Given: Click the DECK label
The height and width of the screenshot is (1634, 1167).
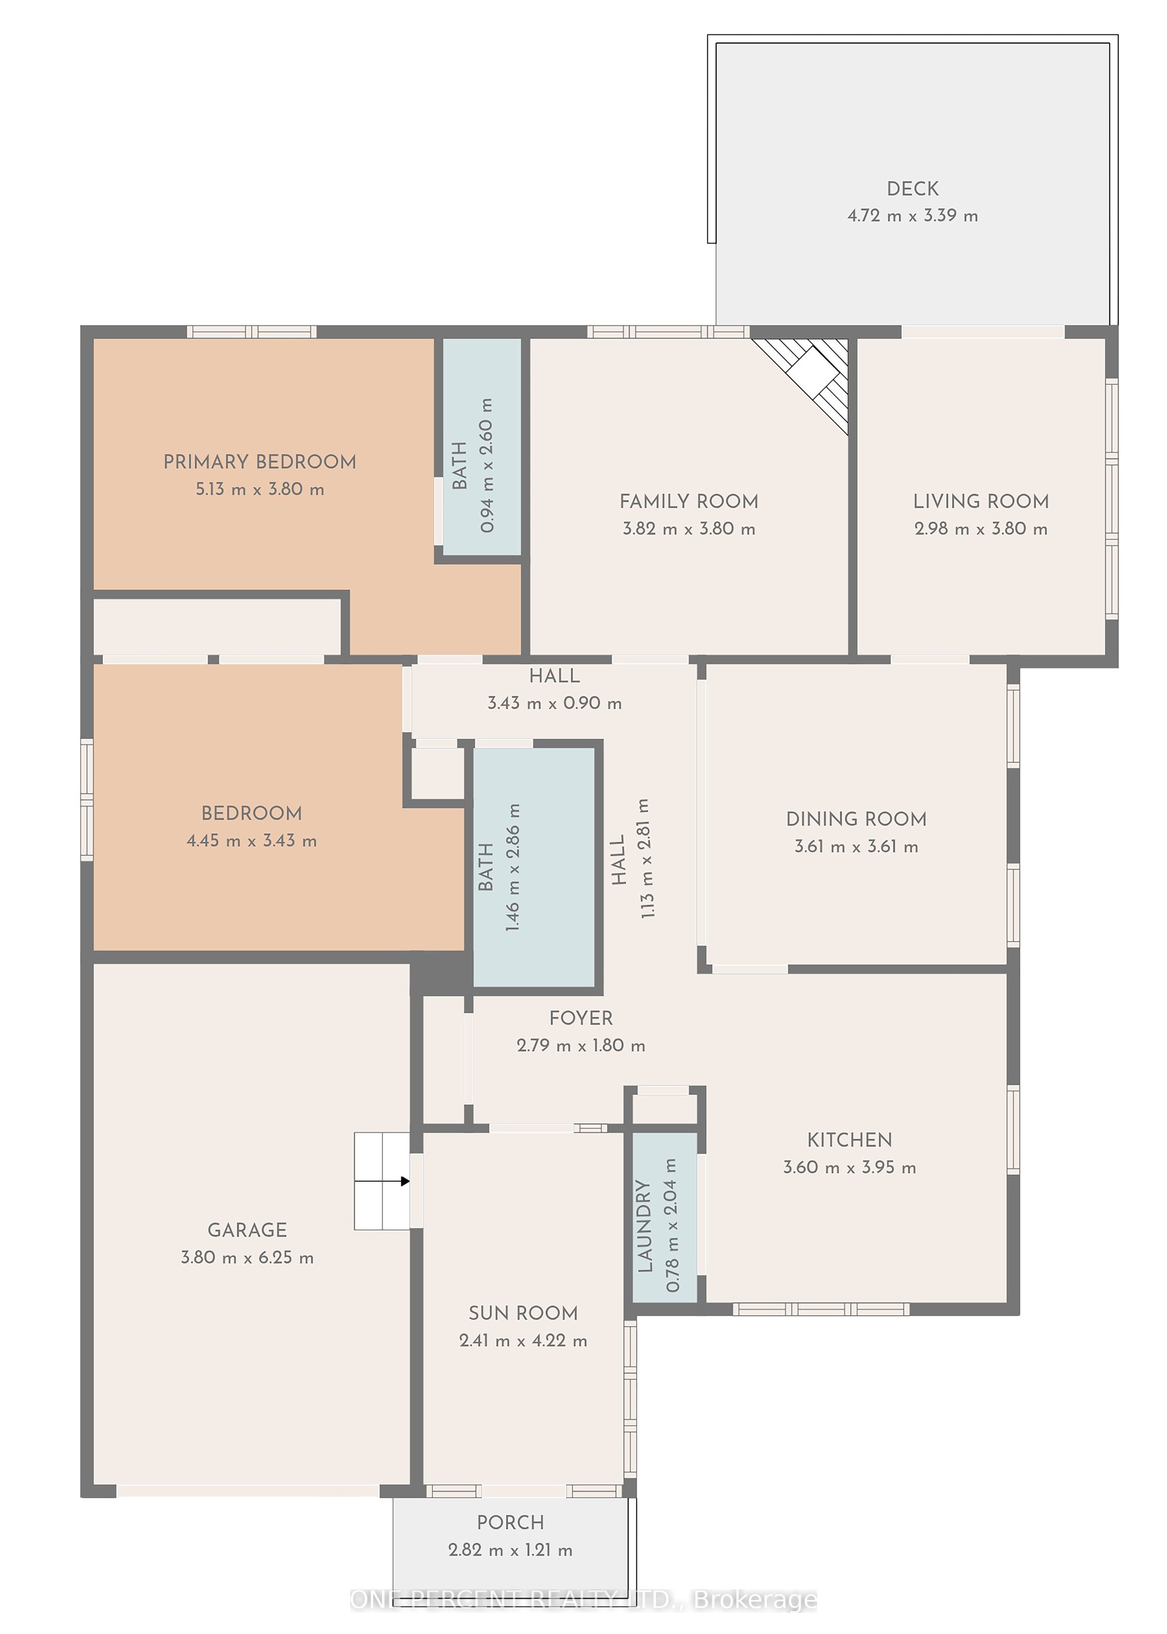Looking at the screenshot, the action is (912, 189).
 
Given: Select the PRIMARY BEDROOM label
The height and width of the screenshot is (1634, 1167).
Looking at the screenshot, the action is (260, 462).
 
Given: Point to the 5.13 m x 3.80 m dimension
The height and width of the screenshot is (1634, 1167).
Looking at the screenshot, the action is (260, 489).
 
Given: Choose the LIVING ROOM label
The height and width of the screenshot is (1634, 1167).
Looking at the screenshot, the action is (981, 501).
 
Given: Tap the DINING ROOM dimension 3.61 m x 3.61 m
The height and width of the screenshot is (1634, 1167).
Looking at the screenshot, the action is (856, 847).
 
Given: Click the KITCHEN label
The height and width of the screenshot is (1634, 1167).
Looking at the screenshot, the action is (850, 1140).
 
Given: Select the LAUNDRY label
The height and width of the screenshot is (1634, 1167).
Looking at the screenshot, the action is (645, 1227).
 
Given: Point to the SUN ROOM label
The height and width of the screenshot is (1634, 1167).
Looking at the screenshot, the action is (523, 1313).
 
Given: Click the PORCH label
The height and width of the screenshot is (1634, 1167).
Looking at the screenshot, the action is (510, 1523).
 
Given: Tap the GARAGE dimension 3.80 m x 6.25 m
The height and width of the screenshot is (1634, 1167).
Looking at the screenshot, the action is (247, 1258).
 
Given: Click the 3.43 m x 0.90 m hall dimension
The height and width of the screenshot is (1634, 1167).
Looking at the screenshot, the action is (555, 703).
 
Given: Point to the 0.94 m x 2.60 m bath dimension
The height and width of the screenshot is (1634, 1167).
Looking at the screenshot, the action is (486, 466).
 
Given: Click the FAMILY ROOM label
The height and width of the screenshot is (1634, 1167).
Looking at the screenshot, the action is (689, 501).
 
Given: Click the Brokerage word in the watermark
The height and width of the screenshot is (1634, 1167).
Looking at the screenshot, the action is (755, 1600).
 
